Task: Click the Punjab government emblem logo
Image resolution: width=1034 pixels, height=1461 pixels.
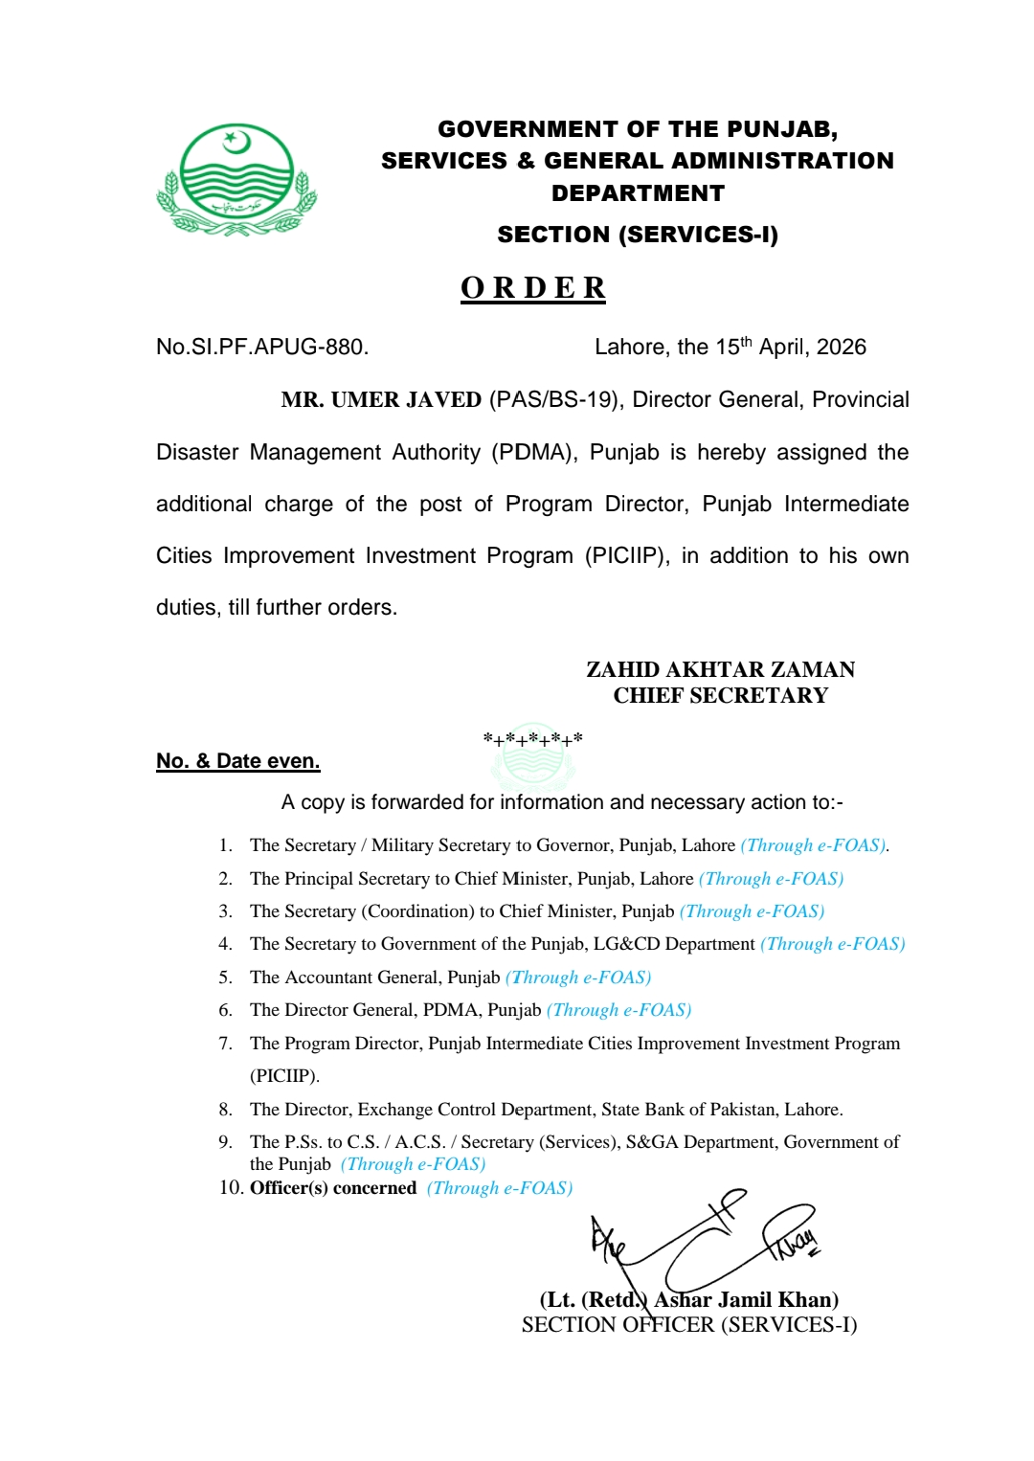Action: pyautogui.click(x=236, y=179)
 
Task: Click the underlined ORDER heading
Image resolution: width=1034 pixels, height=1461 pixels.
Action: pyautogui.click(x=532, y=287)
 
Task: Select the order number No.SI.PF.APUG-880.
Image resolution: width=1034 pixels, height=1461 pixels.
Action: pyautogui.click(x=262, y=347)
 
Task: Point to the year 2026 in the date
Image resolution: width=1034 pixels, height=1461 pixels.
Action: pyautogui.click(x=842, y=347)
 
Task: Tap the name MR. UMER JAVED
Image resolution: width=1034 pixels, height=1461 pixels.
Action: pyautogui.click(x=381, y=399)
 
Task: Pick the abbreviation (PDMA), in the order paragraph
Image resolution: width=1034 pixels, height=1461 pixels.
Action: pyautogui.click(x=534, y=452)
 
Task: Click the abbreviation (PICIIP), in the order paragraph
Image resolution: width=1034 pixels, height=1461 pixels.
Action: pyautogui.click(x=627, y=555)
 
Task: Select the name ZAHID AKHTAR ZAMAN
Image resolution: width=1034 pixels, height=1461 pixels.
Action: pyautogui.click(x=720, y=669)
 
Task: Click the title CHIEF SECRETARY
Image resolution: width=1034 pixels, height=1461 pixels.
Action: pyautogui.click(x=720, y=695)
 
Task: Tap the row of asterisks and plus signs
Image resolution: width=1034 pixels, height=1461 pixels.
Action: pyautogui.click(x=532, y=739)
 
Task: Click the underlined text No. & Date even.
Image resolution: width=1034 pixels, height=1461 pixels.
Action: pyautogui.click(x=237, y=761)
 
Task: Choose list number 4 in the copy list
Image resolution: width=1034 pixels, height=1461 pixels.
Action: pyautogui.click(x=225, y=944)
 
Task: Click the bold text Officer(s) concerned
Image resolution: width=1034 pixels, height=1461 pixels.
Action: pyautogui.click(x=333, y=1188)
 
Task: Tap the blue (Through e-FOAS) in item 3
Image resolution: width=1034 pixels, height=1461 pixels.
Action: pyautogui.click(x=752, y=911)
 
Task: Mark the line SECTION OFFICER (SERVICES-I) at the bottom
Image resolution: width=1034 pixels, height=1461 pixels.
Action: pyautogui.click(x=689, y=1325)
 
